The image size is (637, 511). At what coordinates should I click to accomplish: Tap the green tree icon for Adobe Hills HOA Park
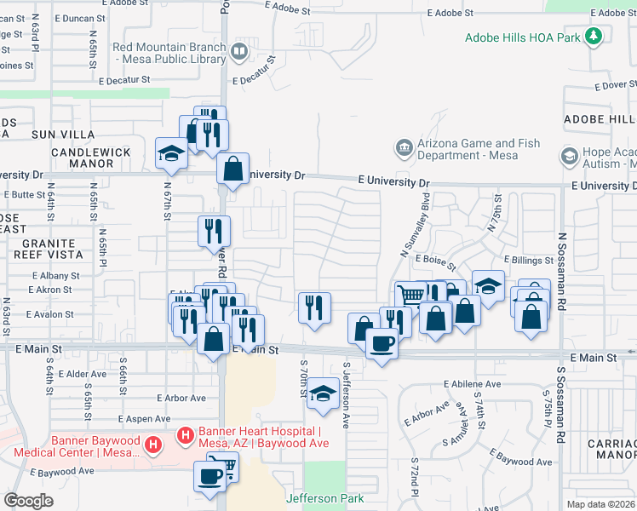pos(594,37)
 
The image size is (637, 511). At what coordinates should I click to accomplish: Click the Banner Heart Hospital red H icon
pos(184,437)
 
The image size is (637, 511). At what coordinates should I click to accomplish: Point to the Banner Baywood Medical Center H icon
pos(153,445)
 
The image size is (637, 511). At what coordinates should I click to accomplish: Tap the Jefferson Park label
pos(325,498)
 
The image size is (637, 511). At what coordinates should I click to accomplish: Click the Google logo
pos(28,501)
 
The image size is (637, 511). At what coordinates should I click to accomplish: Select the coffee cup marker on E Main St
pos(382,344)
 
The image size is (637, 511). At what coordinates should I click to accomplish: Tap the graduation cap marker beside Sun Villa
pos(171,153)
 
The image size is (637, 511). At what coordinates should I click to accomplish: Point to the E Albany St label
pos(56,276)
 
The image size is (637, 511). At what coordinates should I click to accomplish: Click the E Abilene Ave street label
pos(472,384)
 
